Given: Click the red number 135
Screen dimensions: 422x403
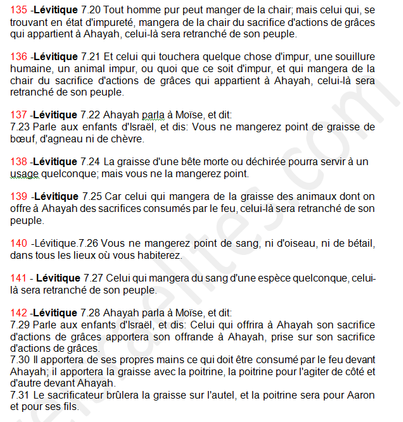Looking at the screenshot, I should tap(18, 10).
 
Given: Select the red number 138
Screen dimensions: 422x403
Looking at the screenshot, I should tap(18, 161).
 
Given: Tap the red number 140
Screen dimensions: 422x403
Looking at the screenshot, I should tap(18, 243).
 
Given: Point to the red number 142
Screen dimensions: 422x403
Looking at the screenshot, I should tap(18, 313).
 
